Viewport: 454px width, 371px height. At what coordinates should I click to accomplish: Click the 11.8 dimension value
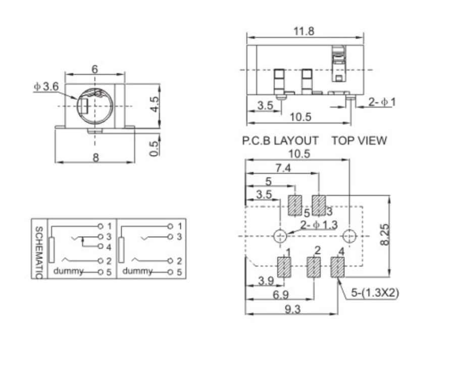click(x=304, y=31)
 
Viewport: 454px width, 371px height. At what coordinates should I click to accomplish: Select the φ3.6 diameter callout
click(x=46, y=87)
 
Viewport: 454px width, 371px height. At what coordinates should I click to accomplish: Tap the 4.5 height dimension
click(x=155, y=104)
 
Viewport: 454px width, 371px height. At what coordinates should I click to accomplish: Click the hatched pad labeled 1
click(x=284, y=267)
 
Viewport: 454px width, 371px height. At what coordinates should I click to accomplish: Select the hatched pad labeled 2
click(x=314, y=267)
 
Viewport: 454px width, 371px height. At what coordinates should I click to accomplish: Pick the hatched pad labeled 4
click(x=337, y=267)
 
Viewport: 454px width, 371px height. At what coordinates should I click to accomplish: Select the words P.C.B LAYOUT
click(x=280, y=141)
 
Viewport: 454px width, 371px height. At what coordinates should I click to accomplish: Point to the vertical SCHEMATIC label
click(x=39, y=251)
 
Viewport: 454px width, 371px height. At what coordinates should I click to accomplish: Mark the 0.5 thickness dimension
click(x=155, y=148)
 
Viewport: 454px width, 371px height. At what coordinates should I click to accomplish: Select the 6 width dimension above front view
click(x=94, y=69)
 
